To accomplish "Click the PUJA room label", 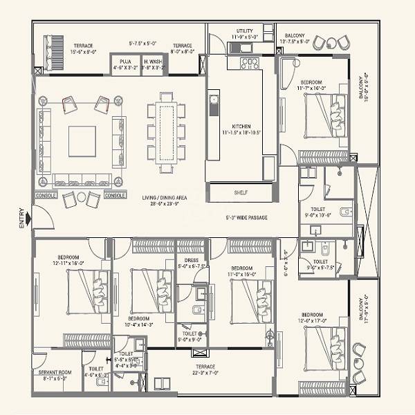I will point(125,62).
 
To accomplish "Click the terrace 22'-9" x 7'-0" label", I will point(205,370).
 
